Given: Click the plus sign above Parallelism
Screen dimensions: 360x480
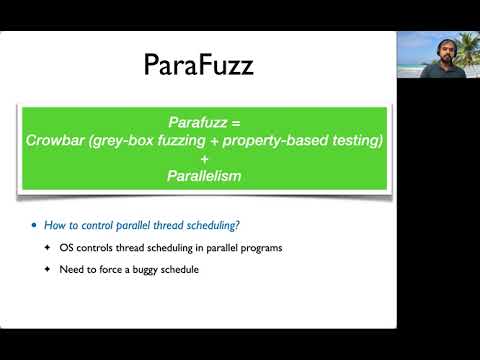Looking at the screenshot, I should click(205, 159).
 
